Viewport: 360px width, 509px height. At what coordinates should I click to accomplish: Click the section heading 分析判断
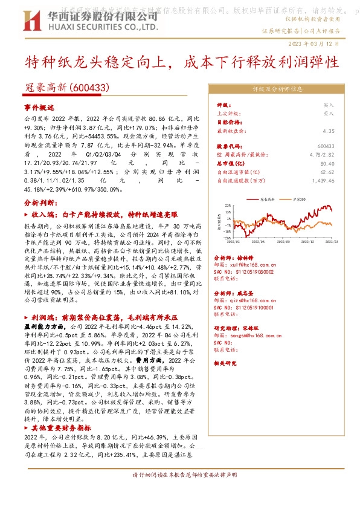coord(40,203)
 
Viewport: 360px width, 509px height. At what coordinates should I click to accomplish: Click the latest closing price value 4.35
coord(329,131)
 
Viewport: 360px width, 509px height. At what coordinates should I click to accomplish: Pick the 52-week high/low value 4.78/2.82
coord(322,155)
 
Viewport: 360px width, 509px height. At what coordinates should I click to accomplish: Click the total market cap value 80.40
coord(327,163)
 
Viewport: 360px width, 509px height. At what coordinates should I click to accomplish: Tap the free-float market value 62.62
coord(327,172)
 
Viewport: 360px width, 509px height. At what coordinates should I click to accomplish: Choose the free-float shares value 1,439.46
coord(323,180)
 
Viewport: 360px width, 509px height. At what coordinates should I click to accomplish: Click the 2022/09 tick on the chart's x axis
coord(279,241)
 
